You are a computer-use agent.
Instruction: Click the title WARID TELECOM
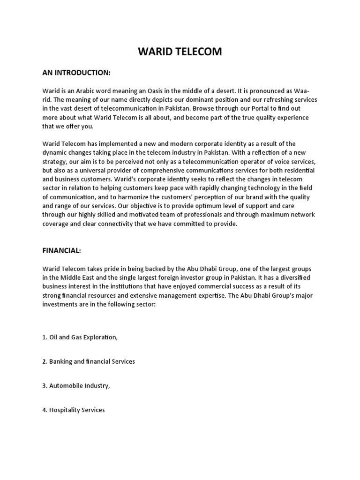[180, 52]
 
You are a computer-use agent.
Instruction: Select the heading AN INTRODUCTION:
[76, 73]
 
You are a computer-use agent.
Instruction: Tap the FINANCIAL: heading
[61, 251]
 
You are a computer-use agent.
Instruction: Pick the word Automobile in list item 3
[65, 386]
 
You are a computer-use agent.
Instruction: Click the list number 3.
[44, 386]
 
